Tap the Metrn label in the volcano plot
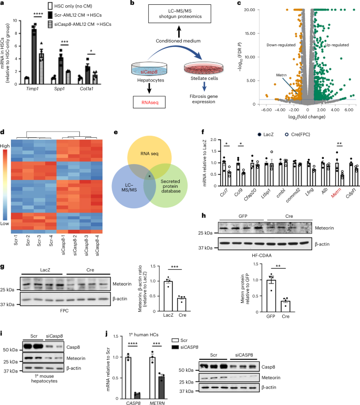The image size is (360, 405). coord(282,75)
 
